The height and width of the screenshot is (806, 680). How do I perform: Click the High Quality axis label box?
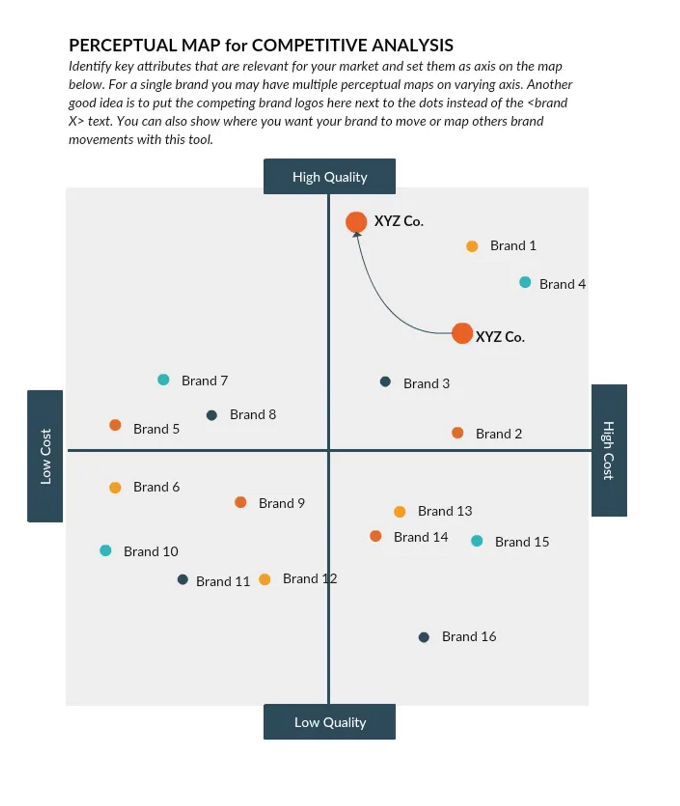coord(329,176)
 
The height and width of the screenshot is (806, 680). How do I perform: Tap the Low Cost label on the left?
coord(45,456)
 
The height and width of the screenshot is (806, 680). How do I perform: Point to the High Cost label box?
coord(609,450)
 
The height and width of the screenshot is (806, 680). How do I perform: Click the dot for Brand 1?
coord(472,246)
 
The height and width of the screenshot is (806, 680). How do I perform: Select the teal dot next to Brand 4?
coord(525,282)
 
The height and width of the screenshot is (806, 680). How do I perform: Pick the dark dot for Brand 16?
coord(424,637)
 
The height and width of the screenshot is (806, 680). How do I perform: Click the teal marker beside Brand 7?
coord(163,380)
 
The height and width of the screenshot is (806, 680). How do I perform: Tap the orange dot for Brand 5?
coord(115,425)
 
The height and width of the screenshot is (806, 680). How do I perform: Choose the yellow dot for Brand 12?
coord(265,579)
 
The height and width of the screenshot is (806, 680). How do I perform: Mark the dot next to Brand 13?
coord(400,512)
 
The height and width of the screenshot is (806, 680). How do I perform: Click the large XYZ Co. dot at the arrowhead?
coord(356,222)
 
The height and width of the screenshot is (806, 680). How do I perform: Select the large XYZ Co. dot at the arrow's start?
coord(462,333)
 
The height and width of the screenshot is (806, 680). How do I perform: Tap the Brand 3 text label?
coord(426,383)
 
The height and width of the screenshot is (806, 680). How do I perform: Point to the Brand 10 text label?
coord(151,551)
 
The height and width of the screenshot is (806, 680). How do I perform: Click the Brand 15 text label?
coord(522,542)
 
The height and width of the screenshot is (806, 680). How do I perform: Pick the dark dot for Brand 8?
coord(212,415)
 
